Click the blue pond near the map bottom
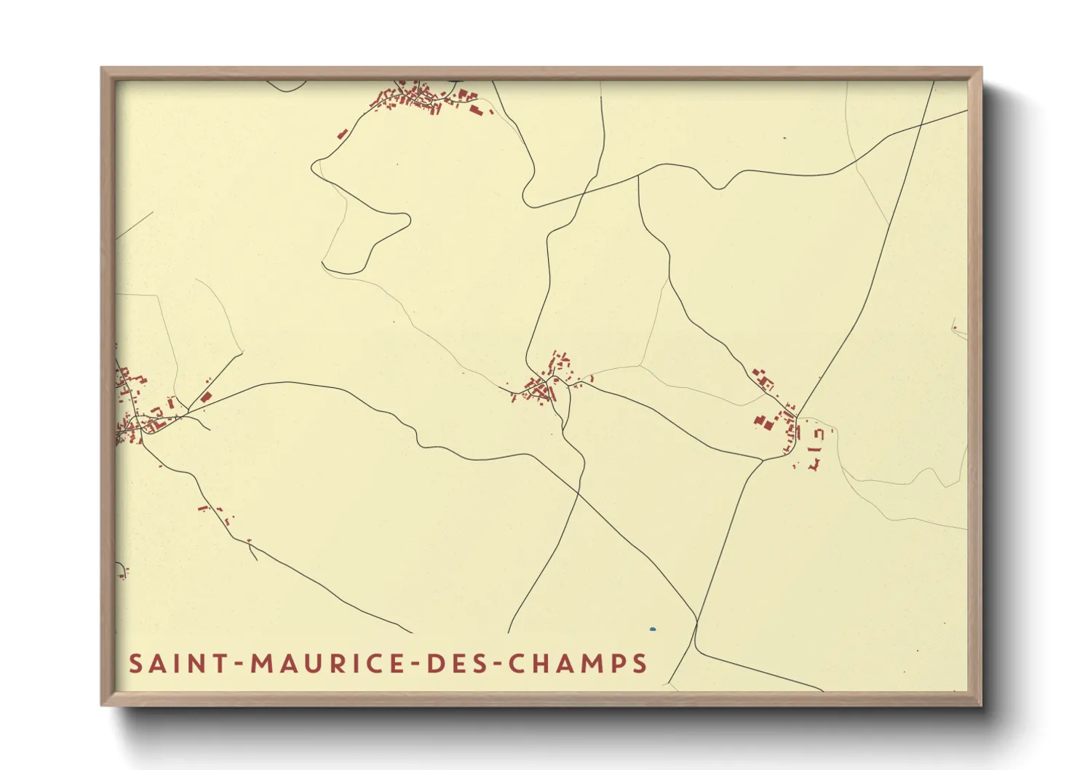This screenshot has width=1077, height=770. pos(653,629)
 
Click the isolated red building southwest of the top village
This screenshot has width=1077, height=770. pos(342,134)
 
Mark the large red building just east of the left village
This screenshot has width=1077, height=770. pos(206,397)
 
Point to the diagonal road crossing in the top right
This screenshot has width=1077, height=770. pos(920,126)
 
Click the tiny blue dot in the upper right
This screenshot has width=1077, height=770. pos(784,138)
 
